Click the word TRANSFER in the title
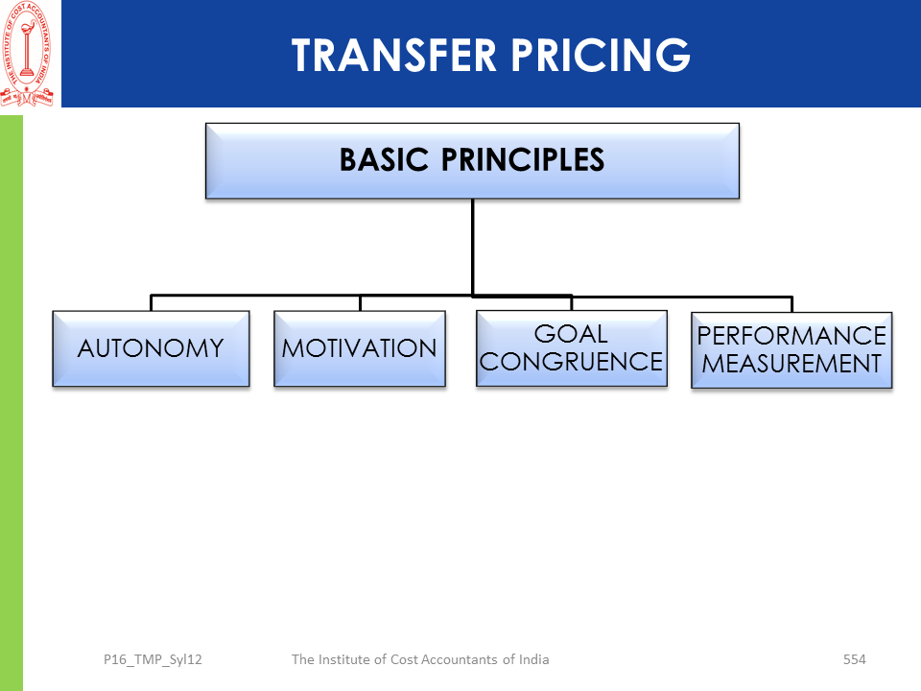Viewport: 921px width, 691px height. (394, 56)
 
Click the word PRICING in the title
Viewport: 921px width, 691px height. (601, 56)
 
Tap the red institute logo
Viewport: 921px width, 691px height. (27, 54)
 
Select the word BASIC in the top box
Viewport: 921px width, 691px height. (384, 160)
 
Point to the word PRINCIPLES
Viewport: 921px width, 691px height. (523, 160)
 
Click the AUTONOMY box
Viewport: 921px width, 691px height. (151, 348)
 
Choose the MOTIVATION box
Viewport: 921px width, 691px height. (360, 348)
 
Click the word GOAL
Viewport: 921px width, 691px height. (571, 334)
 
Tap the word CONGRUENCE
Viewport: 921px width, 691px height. (571, 362)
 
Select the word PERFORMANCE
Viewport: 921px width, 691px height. (791, 336)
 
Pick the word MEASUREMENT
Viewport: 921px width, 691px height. (791, 364)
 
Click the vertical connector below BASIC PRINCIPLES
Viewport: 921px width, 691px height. (472, 247)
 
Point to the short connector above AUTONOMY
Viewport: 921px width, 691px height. (151, 302)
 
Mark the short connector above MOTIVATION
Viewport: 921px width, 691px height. (360, 303)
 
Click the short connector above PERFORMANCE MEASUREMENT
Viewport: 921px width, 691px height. (791, 304)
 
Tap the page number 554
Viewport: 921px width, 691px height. (854, 659)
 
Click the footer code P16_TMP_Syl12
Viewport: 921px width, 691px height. (153, 660)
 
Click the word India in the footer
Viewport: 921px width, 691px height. (534, 659)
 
